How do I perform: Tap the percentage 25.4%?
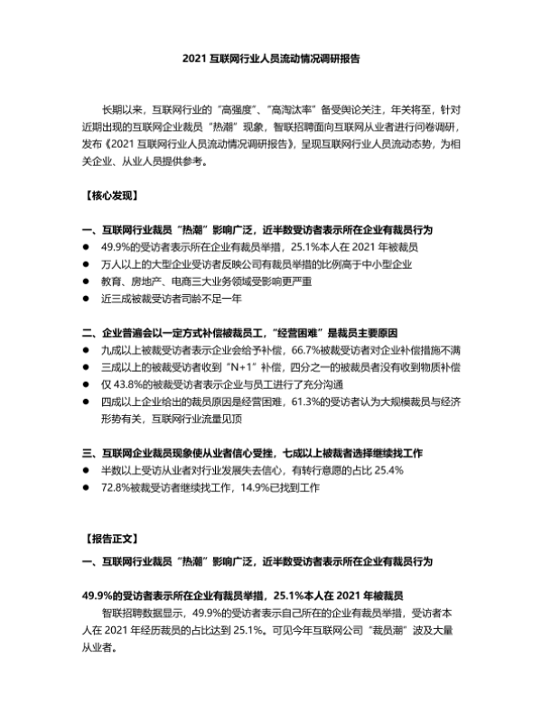[397, 469]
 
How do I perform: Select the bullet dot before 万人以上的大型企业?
[84, 264]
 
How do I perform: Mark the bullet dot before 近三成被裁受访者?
[84, 298]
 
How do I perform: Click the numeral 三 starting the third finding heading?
[86, 451]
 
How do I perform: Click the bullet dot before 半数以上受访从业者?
[84, 469]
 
